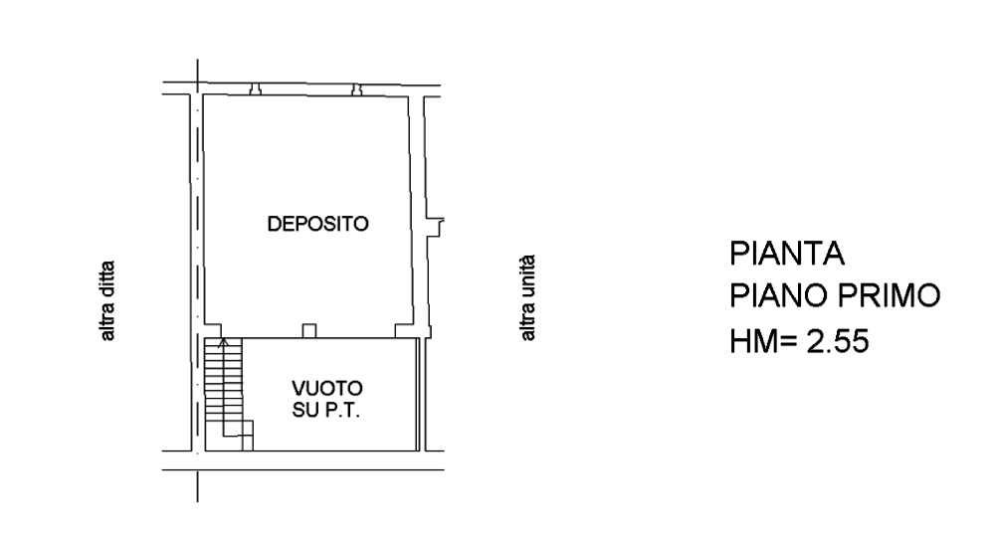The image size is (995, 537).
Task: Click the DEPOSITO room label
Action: click(x=318, y=224)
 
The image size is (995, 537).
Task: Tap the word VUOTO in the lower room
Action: click(x=326, y=388)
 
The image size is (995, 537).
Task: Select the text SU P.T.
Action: click(x=326, y=410)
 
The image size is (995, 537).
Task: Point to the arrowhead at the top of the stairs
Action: click(x=223, y=343)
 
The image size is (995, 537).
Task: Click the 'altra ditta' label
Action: click(x=107, y=300)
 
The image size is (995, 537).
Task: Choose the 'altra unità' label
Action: click(x=527, y=298)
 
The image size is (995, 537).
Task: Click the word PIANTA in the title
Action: click(x=787, y=254)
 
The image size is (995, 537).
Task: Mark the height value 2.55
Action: click(x=838, y=342)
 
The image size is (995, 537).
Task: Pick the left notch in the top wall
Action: click(x=256, y=89)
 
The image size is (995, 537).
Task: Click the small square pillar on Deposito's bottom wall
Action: click(x=309, y=331)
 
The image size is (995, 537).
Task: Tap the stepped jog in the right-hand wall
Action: click(x=436, y=227)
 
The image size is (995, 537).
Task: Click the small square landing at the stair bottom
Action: click(x=247, y=436)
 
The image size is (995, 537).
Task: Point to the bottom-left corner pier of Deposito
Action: click(x=213, y=330)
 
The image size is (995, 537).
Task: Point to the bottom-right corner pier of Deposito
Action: click(x=404, y=330)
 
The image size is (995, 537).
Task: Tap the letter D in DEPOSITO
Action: click(x=274, y=224)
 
